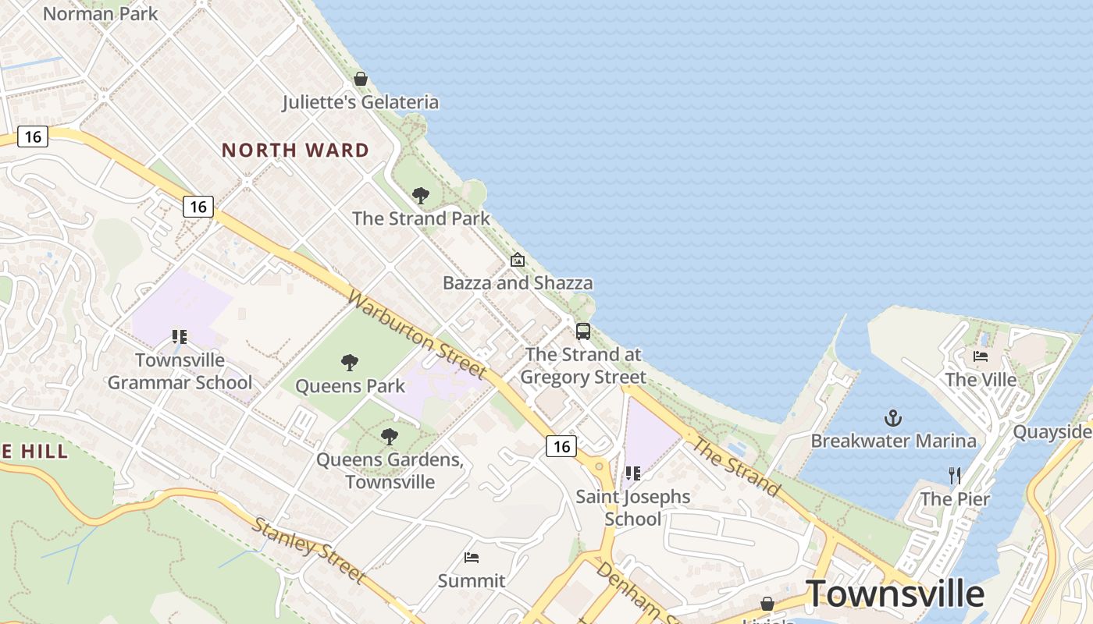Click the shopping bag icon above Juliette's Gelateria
click(361, 79)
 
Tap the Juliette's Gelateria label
click(360, 102)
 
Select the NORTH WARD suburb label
click(295, 150)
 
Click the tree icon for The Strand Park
click(421, 195)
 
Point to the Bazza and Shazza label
click(518, 282)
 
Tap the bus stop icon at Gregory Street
click(583, 331)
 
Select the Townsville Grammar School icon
click(180, 337)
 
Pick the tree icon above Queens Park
click(350, 362)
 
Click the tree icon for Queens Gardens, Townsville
click(390, 437)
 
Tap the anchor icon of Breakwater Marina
click(893, 419)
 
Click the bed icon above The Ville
click(981, 356)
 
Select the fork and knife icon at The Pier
click(954, 475)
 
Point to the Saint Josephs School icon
click(633, 473)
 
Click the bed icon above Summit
click(472, 557)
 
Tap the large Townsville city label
click(894, 593)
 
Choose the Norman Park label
click(100, 13)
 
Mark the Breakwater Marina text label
click(893, 441)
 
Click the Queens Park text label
click(350, 385)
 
